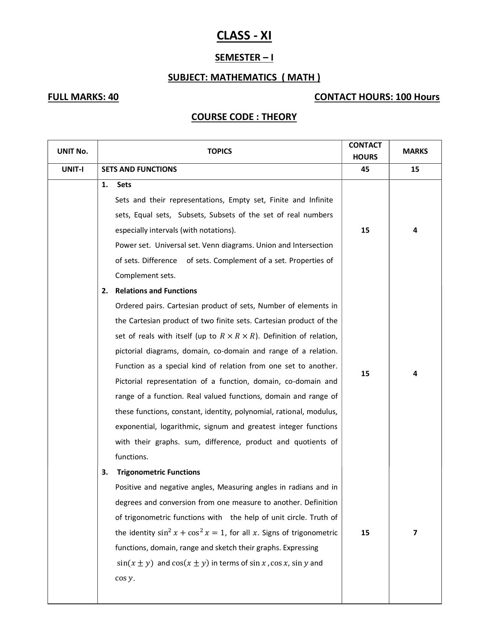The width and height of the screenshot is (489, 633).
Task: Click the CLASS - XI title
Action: pyautogui.click(x=244, y=36)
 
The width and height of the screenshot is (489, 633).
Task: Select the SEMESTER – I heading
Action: pyautogui.click(x=244, y=58)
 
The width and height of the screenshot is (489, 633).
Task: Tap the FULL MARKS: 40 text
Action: pyautogui.click(x=83, y=97)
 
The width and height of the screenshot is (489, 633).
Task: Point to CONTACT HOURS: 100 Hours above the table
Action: pyautogui.click(x=377, y=97)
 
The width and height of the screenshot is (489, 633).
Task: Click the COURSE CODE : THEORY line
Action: pyautogui.click(x=244, y=117)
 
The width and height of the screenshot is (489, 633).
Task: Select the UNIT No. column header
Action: pyautogui.click(x=72, y=151)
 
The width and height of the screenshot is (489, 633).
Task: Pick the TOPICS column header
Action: pyautogui.click(x=219, y=151)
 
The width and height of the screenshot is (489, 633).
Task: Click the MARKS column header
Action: pyautogui.click(x=415, y=151)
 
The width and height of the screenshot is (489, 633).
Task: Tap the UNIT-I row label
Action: pyautogui.click(x=72, y=169)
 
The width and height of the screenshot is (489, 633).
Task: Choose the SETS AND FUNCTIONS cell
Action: pyautogui.click(x=139, y=169)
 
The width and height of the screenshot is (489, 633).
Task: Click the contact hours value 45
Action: pyautogui.click(x=365, y=169)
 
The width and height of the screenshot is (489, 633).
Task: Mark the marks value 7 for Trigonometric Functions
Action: pyautogui.click(x=415, y=533)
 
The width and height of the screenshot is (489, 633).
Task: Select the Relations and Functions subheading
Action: pyautogui.click(x=156, y=291)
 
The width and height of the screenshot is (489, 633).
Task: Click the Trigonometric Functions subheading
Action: pyautogui.click(x=158, y=472)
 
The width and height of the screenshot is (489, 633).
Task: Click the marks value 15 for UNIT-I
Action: pyautogui.click(x=415, y=169)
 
